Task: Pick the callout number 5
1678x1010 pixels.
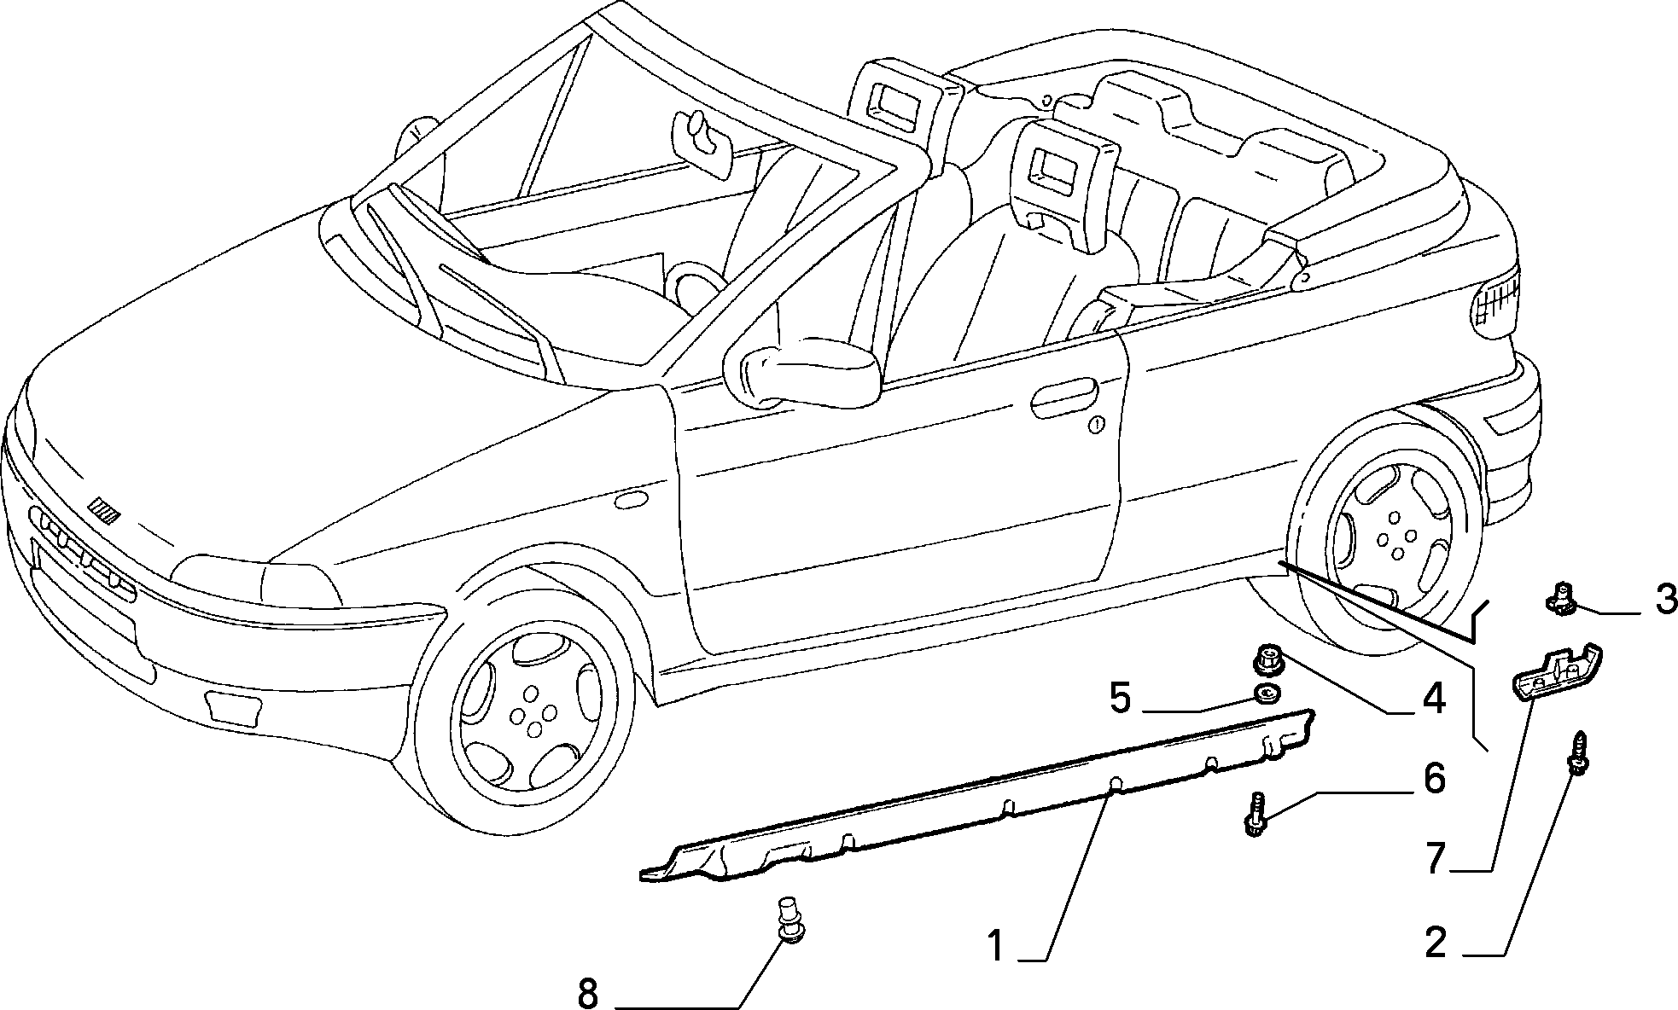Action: click(1121, 698)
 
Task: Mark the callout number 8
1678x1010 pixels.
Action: click(588, 993)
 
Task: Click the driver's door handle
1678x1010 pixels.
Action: click(1063, 399)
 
